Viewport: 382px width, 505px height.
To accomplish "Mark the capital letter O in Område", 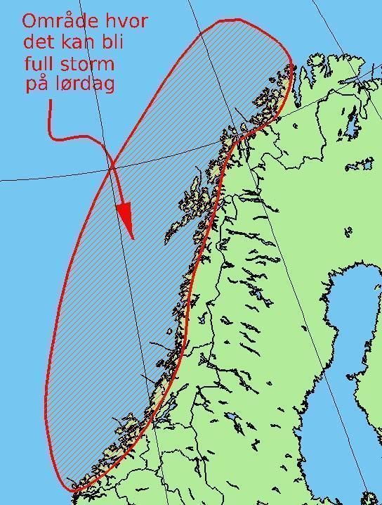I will (31, 21).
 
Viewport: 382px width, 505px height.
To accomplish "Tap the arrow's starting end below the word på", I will (51, 103).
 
